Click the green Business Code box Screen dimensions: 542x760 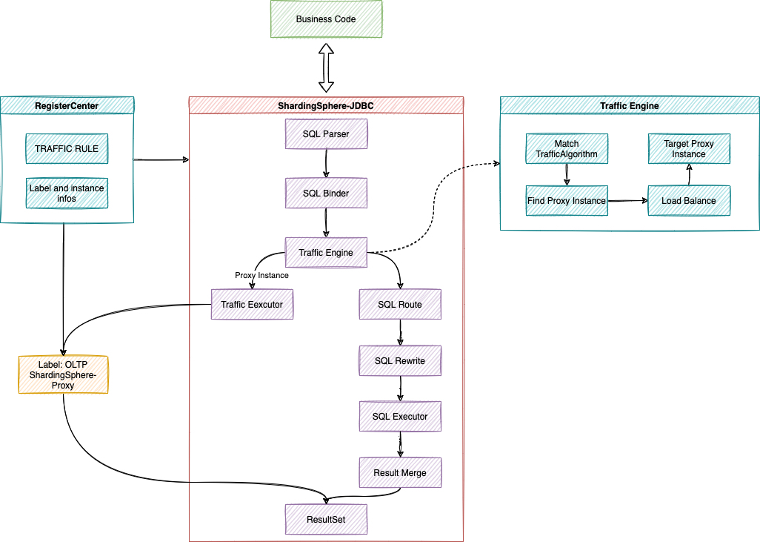326,19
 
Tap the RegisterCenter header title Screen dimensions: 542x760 67,105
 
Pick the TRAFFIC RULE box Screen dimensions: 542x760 67,148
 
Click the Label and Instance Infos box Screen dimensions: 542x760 67,193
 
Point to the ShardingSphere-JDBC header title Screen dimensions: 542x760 326,105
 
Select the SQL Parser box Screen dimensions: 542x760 326,133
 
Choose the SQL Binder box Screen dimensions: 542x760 326,193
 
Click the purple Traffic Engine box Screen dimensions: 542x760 326,252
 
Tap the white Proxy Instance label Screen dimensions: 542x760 261,275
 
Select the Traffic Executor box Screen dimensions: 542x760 252,304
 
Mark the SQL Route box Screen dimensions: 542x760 400,304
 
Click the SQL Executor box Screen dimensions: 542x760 400,416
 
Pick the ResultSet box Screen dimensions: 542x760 326,519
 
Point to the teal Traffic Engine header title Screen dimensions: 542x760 629,105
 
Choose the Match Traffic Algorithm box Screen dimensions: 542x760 567,148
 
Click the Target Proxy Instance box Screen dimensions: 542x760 689,148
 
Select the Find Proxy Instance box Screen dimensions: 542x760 567,200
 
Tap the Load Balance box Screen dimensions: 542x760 689,200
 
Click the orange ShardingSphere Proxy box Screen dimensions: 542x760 63,374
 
